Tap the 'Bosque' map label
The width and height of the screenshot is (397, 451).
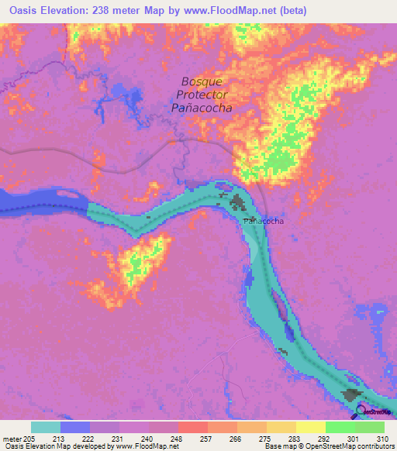pyautogui.click(x=202, y=81)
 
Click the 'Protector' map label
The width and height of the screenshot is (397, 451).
pyautogui.click(x=202, y=95)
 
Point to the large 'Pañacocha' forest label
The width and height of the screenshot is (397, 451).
pyautogui.click(x=202, y=108)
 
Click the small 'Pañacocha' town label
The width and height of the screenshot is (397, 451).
pyautogui.click(x=264, y=221)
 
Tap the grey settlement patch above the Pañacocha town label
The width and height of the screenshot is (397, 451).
pyautogui.click(x=236, y=203)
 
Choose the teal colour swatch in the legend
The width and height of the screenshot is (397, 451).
pyautogui.click(x=46, y=427)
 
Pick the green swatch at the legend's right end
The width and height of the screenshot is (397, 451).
pyautogui.click(x=369, y=427)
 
